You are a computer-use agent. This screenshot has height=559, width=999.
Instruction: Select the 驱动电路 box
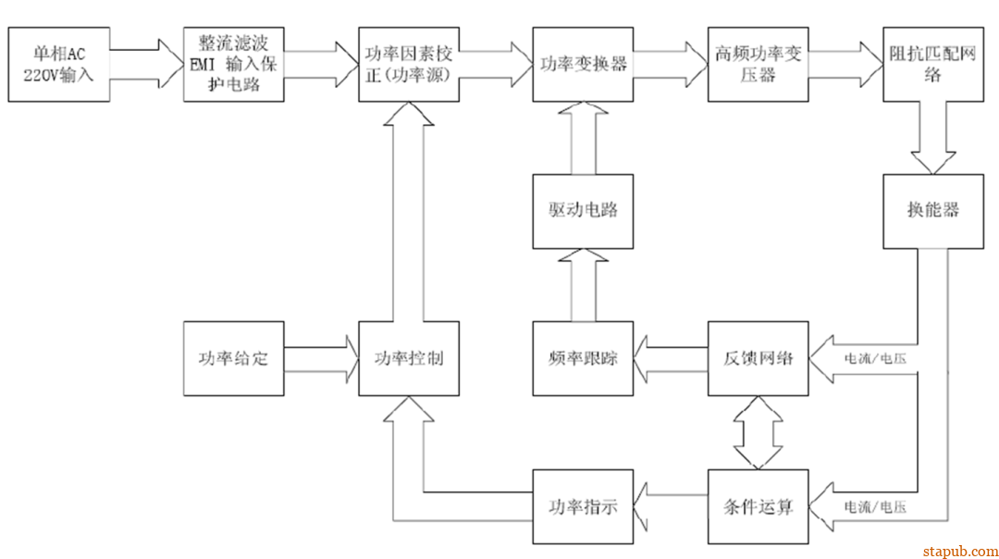[x=583, y=211]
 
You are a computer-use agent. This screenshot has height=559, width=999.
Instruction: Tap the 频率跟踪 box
[x=583, y=358]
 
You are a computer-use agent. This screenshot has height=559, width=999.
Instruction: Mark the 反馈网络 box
[x=758, y=358]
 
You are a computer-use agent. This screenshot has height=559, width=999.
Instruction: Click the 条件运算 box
[x=758, y=506]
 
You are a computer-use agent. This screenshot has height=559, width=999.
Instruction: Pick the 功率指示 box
[x=583, y=506]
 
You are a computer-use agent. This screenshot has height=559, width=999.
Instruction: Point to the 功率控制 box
[x=408, y=358]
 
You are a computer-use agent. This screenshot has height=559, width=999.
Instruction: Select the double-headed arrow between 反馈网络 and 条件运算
[x=758, y=432]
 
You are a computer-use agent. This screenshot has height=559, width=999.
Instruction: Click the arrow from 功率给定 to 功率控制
[x=320, y=358]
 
